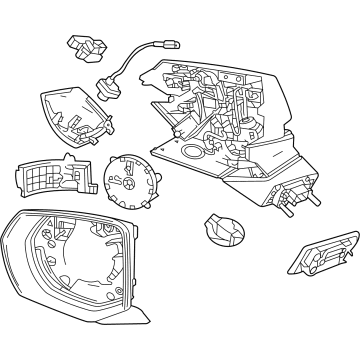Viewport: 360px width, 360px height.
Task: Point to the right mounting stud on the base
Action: (316, 197)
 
